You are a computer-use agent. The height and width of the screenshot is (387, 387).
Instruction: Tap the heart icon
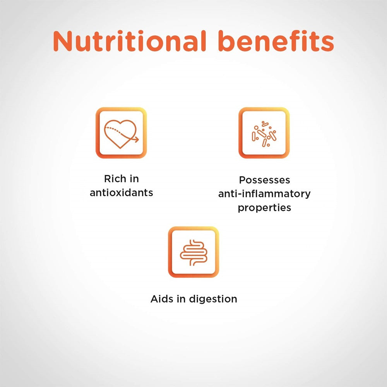pos(121,133)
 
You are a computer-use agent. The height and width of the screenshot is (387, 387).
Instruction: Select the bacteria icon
pos(264,133)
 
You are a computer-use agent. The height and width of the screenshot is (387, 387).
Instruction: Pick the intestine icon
pos(193,252)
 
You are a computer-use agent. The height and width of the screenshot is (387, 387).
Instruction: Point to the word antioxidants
pos(121,192)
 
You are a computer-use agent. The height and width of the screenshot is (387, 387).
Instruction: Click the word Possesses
pos(264,180)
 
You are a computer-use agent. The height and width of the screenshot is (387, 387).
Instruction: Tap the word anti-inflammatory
pos(264,193)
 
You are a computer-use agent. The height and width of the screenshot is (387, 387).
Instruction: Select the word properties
pos(264,207)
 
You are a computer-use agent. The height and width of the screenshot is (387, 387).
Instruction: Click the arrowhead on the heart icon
pos(137,139)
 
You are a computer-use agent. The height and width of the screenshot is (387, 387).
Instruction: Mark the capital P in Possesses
pos(242,180)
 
